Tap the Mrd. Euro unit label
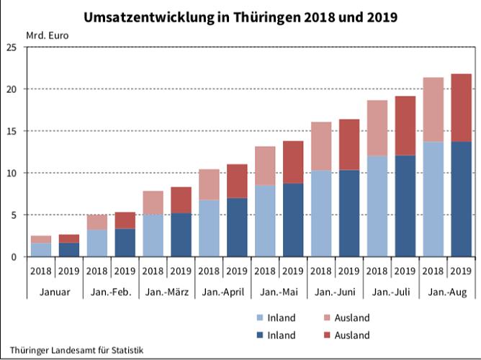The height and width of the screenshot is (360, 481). click(x=47, y=35)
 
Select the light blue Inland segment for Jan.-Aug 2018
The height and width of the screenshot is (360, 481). click(x=433, y=199)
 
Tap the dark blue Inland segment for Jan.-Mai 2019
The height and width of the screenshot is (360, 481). click(x=293, y=220)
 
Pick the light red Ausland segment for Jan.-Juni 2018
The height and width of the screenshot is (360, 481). click(x=322, y=146)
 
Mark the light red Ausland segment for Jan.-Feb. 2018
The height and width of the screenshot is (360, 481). click(x=97, y=222)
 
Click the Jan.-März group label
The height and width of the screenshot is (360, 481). click(x=167, y=292)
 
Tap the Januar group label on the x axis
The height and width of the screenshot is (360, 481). click(x=55, y=292)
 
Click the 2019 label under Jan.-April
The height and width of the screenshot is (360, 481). click(x=237, y=271)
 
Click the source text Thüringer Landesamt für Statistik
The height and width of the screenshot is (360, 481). click(x=76, y=350)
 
